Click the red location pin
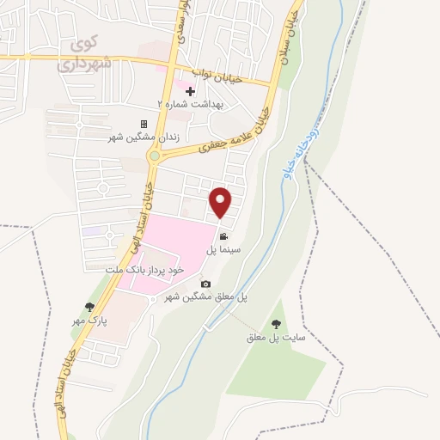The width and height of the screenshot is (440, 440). (222, 203)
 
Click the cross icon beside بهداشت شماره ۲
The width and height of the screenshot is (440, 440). (190, 91)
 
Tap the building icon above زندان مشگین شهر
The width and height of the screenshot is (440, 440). (144, 124)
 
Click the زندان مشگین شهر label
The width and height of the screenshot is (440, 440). (144, 136)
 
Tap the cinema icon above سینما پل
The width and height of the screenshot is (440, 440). (223, 236)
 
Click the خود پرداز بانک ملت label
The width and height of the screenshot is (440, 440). (145, 270)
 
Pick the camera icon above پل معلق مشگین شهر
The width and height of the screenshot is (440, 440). (205, 284)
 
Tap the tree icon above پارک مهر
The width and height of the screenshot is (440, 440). (89, 307)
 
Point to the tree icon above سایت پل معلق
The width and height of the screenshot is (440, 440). (276, 324)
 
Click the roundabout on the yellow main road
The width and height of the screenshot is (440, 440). (155, 156)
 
